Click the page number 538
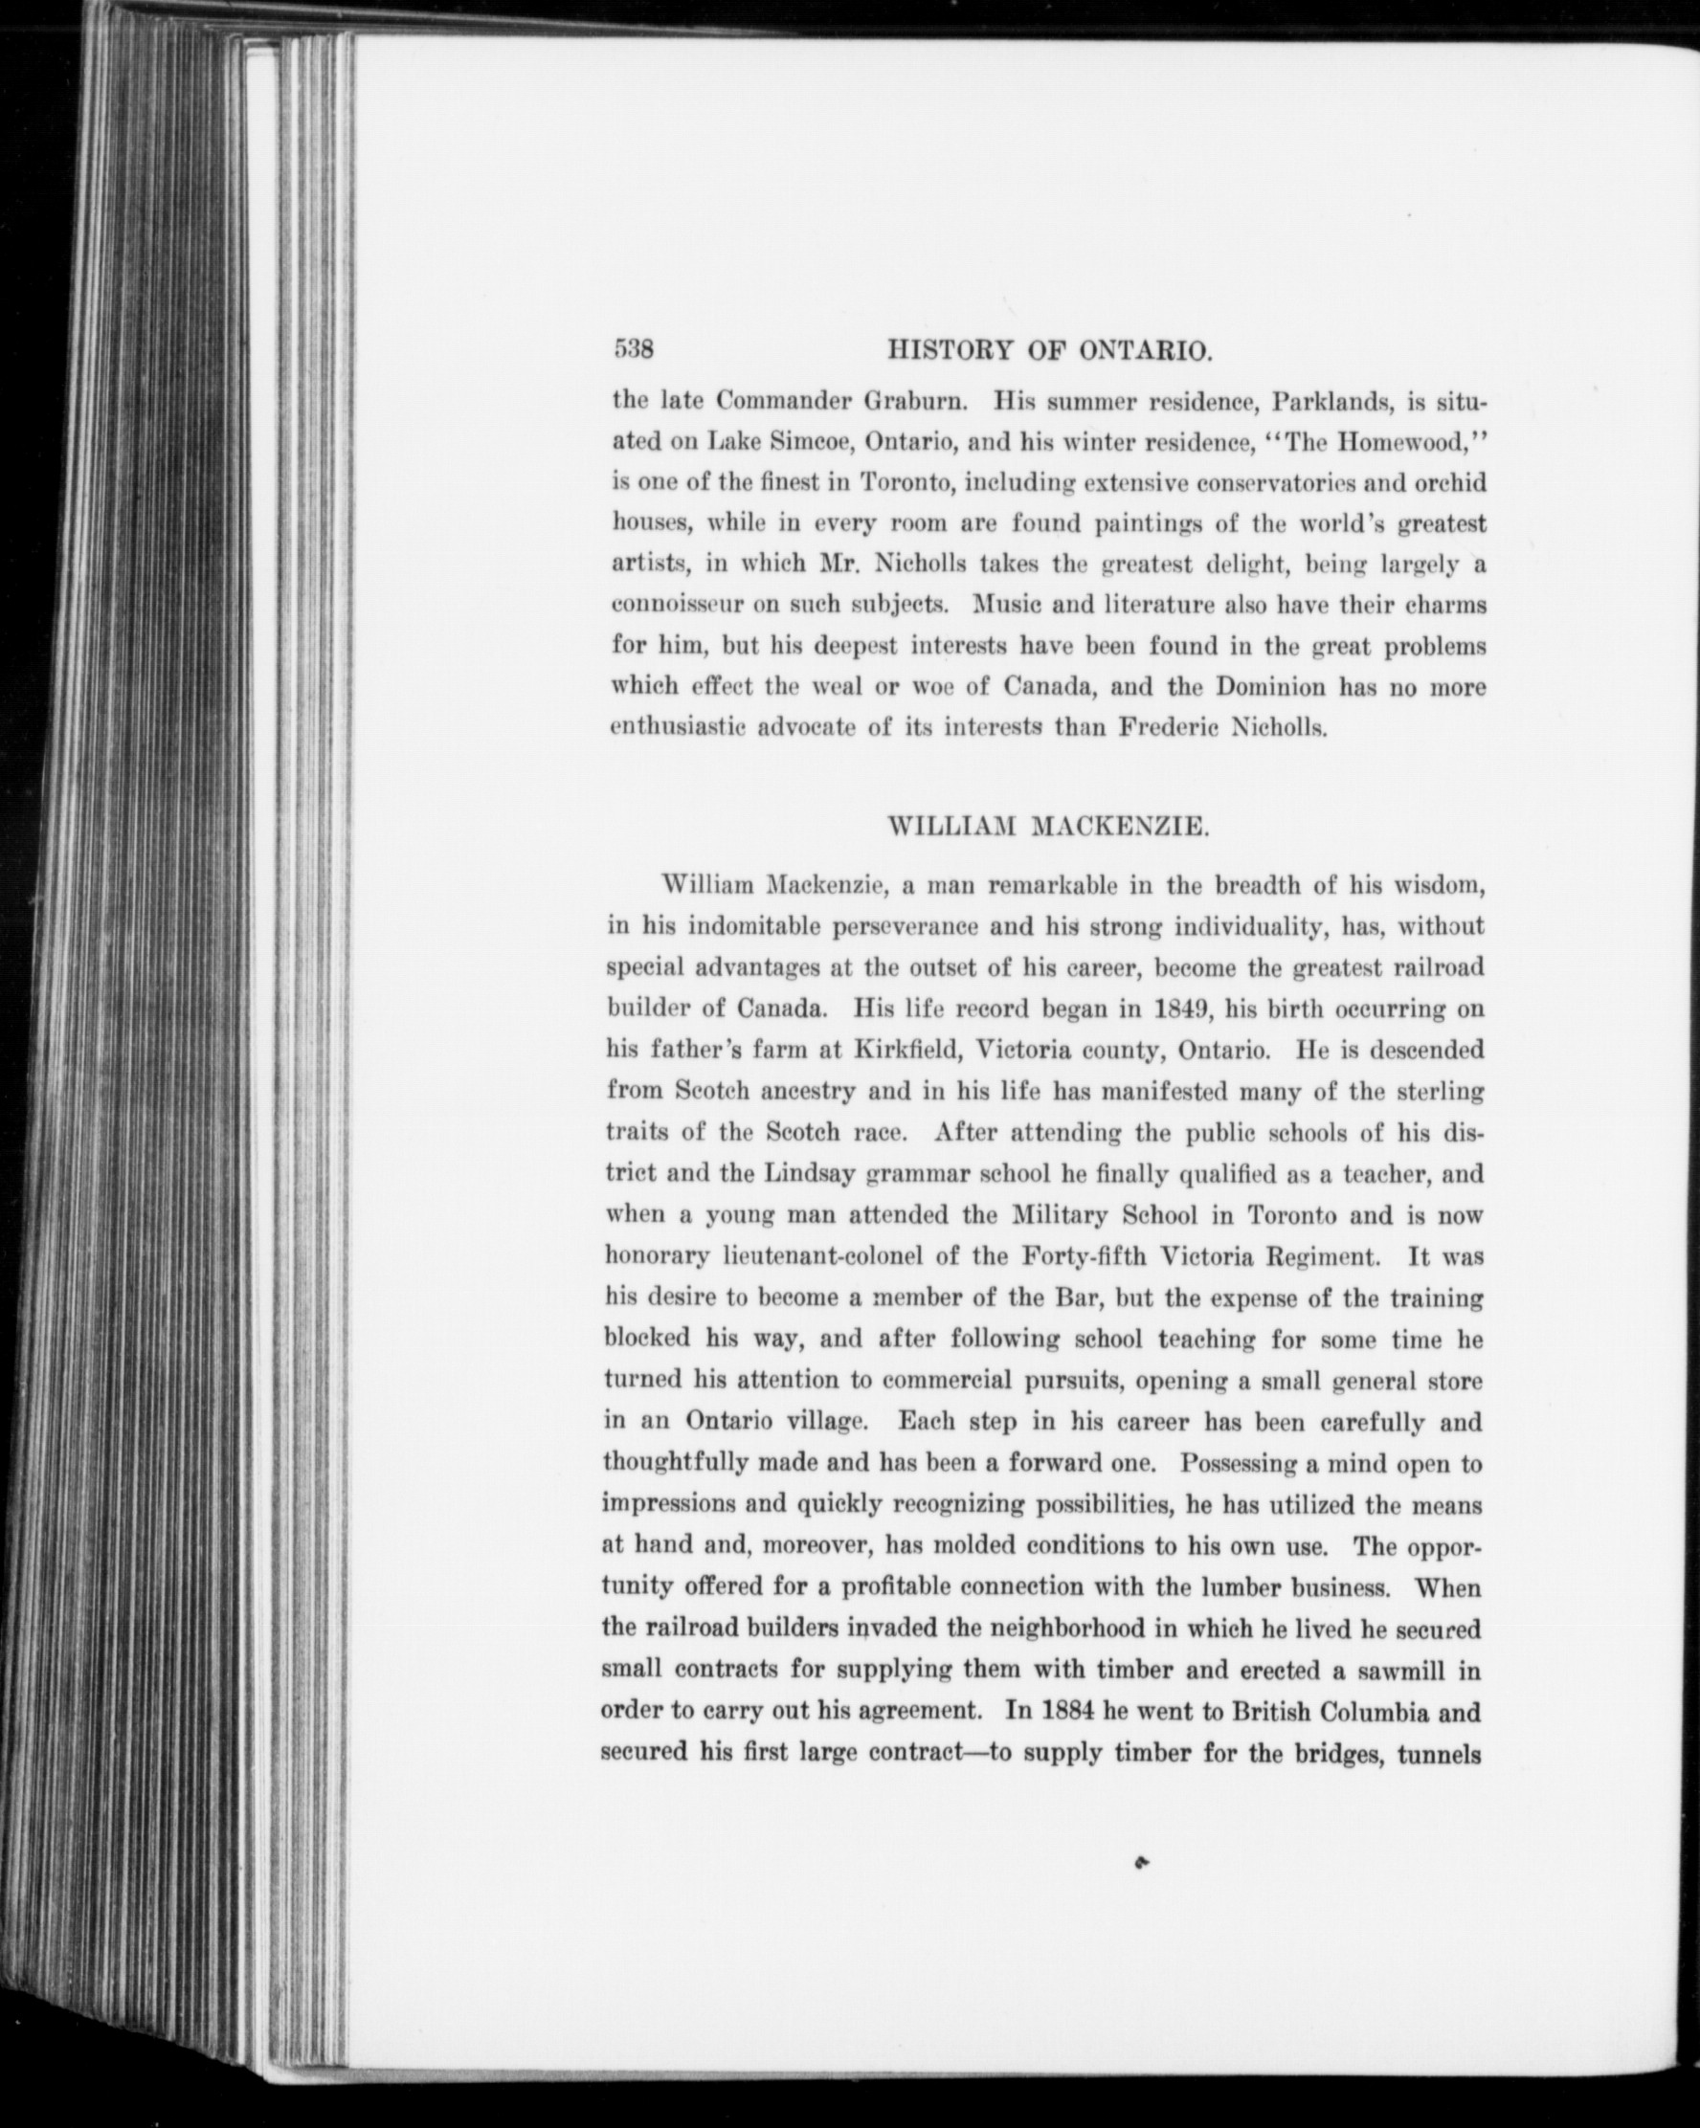point(635,349)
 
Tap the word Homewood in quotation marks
point(1398,442)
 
